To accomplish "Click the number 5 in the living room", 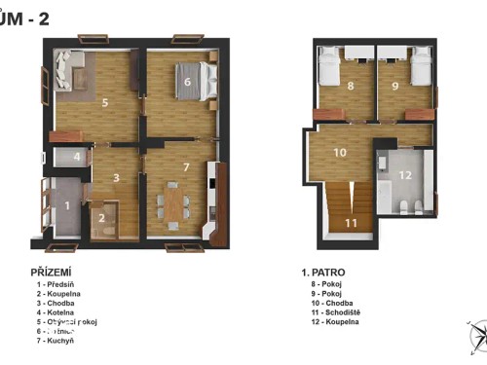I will [x=105, y=100].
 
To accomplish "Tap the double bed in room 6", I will [x=188, y=80].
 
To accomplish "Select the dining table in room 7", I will [x=172, y=202].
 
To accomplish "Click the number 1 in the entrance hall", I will [x=66, y=205].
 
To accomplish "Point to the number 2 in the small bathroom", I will [x=101, y=217].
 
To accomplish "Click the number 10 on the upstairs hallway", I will [x=340, y=152].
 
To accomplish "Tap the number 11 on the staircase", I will [x=352, y=221].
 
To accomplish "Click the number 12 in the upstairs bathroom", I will [x=406, y=174].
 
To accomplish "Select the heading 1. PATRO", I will [x=324, y=273].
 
